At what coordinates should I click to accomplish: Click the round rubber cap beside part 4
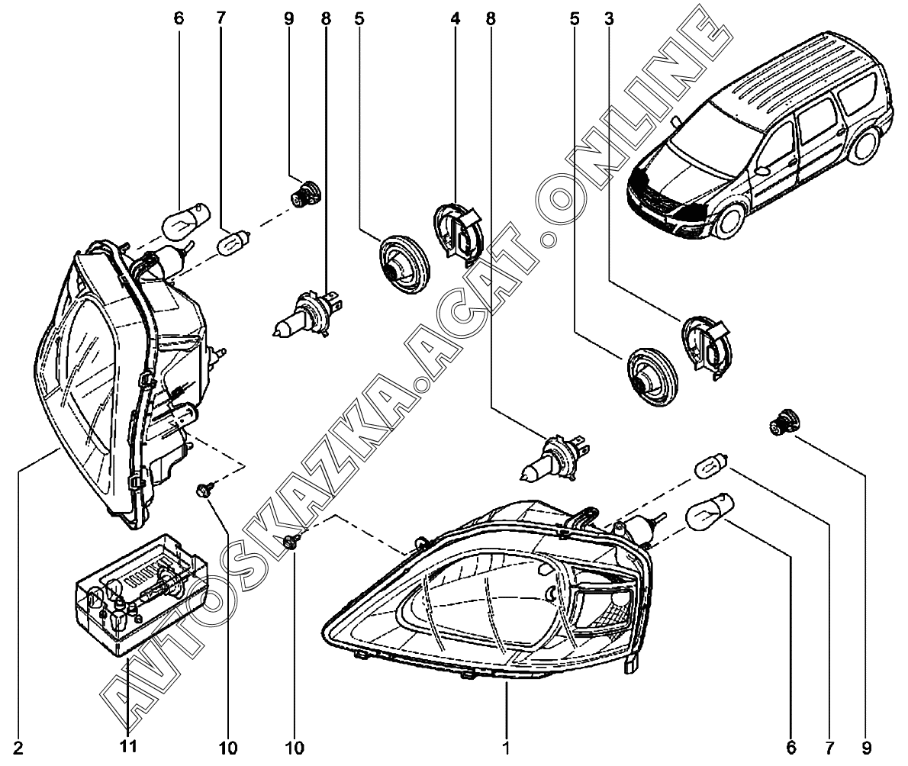(x=404, y=259)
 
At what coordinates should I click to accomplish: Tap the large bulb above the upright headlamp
(x=185, y=220)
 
